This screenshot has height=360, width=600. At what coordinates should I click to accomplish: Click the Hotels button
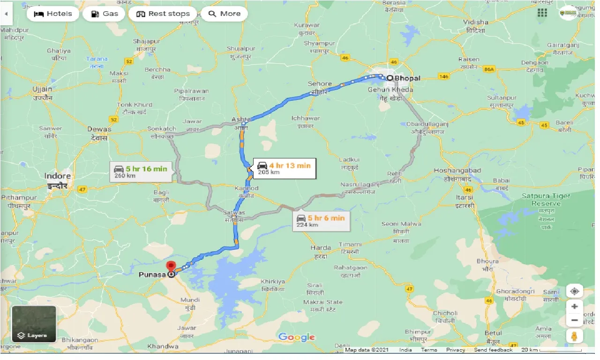(52, 14)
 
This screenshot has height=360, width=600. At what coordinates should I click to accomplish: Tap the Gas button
(104, 14)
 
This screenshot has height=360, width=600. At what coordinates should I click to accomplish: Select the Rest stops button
(163, 14)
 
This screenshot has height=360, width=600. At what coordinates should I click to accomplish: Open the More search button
(224, 14)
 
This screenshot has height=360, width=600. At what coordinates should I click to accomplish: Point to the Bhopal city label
(407, 78)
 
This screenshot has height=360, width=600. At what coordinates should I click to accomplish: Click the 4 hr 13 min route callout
(284, 168)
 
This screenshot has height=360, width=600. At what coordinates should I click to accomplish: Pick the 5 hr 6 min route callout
(321, 220)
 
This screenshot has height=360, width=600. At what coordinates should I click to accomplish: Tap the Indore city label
(58, 176)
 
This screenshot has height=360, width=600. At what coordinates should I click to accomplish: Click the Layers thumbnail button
(34, 324)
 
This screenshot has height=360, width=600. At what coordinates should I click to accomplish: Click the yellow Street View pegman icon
(574, 336)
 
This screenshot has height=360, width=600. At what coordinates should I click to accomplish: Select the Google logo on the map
(296, 337)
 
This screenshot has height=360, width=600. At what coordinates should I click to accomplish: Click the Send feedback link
(493, 350)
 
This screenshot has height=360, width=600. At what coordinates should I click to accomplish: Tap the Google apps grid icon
(542, 13)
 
